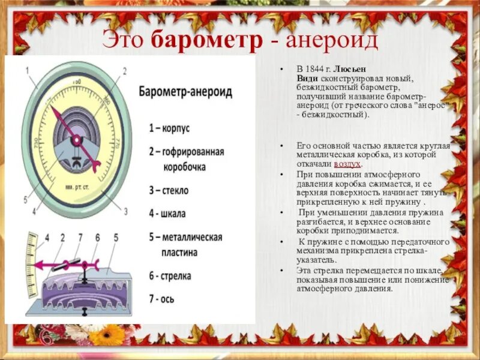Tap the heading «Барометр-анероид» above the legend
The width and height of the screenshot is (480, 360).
[185, 93]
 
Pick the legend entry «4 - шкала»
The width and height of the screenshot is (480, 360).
[167, 213]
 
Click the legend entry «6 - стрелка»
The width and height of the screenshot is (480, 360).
[170, 276]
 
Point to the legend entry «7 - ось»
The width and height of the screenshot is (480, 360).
[162, 298]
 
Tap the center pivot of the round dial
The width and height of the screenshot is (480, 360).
[77, 140]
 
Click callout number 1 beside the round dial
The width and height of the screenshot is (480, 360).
[28, 71]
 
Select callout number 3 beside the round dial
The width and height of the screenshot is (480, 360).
[126, 211]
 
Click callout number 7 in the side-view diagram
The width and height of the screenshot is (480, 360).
[79, 238]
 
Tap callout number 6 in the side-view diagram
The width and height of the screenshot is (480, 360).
[97, 238]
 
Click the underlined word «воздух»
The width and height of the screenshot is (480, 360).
[347, 163]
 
